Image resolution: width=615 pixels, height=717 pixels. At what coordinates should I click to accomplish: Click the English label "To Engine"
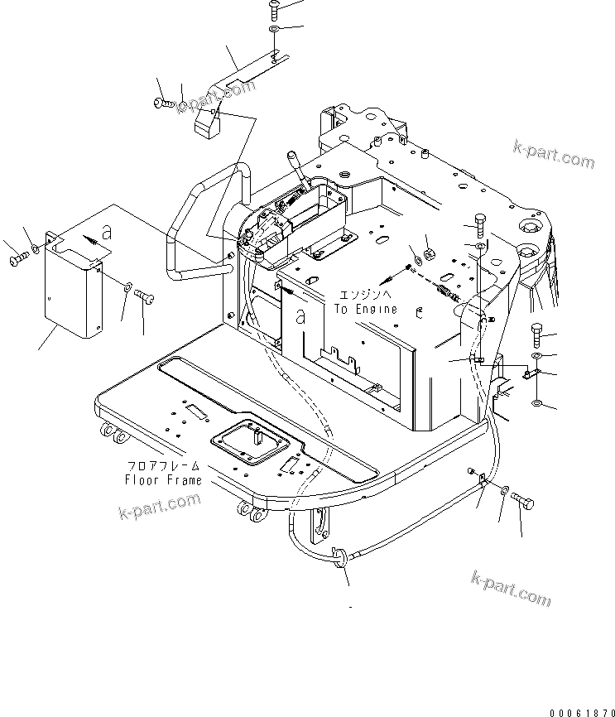tap(365, 309)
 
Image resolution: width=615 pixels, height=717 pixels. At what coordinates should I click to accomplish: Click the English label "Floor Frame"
tap(163, 480)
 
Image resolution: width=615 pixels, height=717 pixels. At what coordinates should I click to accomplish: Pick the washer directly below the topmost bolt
tap(274, 31)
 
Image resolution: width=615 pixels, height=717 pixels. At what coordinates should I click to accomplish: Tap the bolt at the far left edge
tap(19, 259)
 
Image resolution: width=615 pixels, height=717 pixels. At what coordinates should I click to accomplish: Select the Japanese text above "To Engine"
tap(363, 295)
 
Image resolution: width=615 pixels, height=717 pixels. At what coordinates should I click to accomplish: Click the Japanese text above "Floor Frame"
tap(163, 467)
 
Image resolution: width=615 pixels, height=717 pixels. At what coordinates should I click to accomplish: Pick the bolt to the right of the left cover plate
tap(145, 293)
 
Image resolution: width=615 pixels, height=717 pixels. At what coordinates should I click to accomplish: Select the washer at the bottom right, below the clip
tap(539, 403)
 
